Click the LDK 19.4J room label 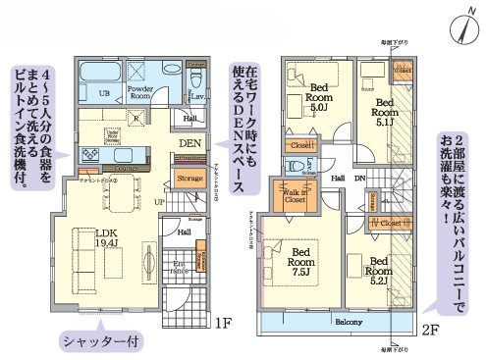coord(107,239)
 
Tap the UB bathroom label coord(102,92)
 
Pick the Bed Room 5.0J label coord(316,99)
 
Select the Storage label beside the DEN coord(189,178)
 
